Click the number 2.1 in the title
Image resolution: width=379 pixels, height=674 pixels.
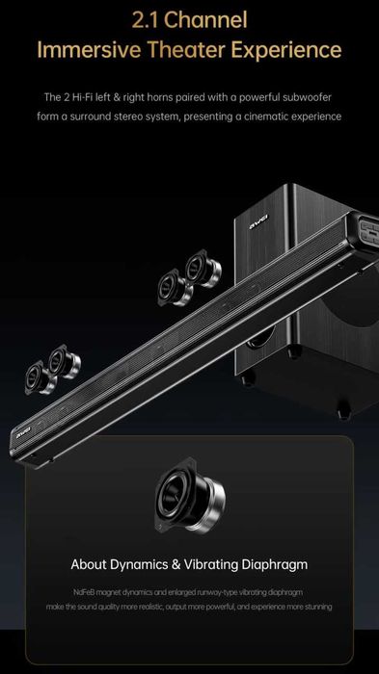tap(146, 20)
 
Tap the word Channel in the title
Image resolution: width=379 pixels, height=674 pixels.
tap(205, 20)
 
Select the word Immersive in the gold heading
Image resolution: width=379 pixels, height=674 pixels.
tap(89, 50)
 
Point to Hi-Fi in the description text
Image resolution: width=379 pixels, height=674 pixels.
tap(82, 97)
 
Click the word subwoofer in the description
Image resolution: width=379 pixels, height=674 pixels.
tap(307, 97)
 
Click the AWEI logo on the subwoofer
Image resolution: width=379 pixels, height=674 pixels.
tap(258, 221)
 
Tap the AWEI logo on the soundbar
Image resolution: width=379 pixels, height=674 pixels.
tap(24, 433)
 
